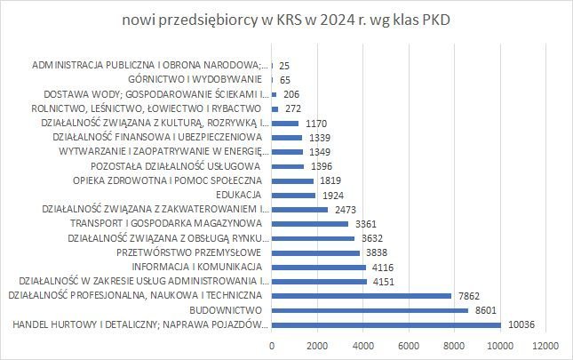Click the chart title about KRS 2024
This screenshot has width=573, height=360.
click(286, 20)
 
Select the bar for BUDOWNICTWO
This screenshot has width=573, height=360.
click(370, 310)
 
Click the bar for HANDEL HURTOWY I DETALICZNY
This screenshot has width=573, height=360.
click(386, 324)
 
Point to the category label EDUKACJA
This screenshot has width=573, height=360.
click(237, 195)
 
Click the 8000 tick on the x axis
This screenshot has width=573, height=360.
click(455, 345)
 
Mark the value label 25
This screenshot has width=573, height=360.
click(284, 66)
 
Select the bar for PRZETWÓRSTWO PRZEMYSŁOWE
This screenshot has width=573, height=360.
click(315, 252)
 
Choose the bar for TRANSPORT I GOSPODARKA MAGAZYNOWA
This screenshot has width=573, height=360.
click(310, 223)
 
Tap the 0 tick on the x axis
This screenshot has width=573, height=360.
click(272, 345)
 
